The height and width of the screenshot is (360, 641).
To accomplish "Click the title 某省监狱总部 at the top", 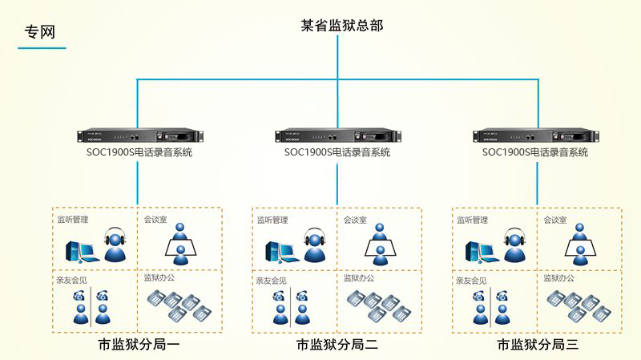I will pyautogui.click(x=342, y=26).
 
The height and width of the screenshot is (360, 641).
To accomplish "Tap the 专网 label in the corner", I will pyautogui.click(x=38, y=33).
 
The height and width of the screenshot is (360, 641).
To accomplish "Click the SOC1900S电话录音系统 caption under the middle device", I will pyautogui.click(x=337, y=152).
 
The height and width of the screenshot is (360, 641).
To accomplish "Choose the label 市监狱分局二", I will pyautogui.click(x=337, y=346).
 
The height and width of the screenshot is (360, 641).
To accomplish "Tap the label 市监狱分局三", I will pyautogui.click(x=537, y=346).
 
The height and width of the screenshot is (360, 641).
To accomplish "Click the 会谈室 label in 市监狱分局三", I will pyautogui.click(x=555, y=220).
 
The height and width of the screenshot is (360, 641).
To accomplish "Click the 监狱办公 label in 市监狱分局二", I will pyautogui.click(x=359, y=278).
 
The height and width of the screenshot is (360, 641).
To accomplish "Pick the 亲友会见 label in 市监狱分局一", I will pyautogui.click(x=71, y=281).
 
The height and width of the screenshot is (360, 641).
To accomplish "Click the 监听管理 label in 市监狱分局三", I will pyautogui.click(x=472, y=220).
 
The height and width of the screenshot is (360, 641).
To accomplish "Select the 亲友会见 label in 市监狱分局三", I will pyautogui.click(x=471, y=281).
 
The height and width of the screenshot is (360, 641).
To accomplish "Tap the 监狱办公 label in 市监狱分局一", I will pyautogui.click(x=159, y=278).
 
